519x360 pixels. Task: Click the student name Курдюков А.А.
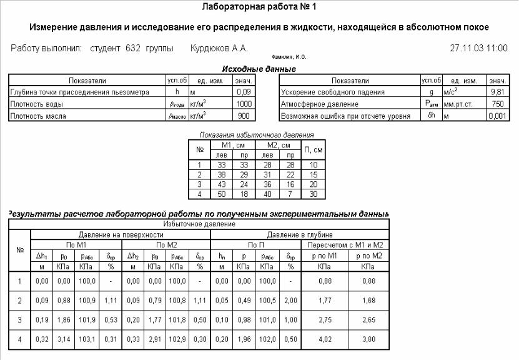[219, 48]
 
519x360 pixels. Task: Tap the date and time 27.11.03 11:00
[478, 48]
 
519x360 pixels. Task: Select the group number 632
[132, 48]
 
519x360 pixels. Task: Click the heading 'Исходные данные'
[259, 69]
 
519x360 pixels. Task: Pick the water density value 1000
[244, 104]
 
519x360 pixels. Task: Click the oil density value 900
[245, 116]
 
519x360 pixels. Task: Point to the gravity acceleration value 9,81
[498, 92]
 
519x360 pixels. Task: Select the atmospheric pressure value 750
[498, 104]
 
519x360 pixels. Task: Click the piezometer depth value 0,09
[244, 92]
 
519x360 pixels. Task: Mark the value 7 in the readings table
[290, 194]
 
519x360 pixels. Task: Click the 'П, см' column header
[314, 150]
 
